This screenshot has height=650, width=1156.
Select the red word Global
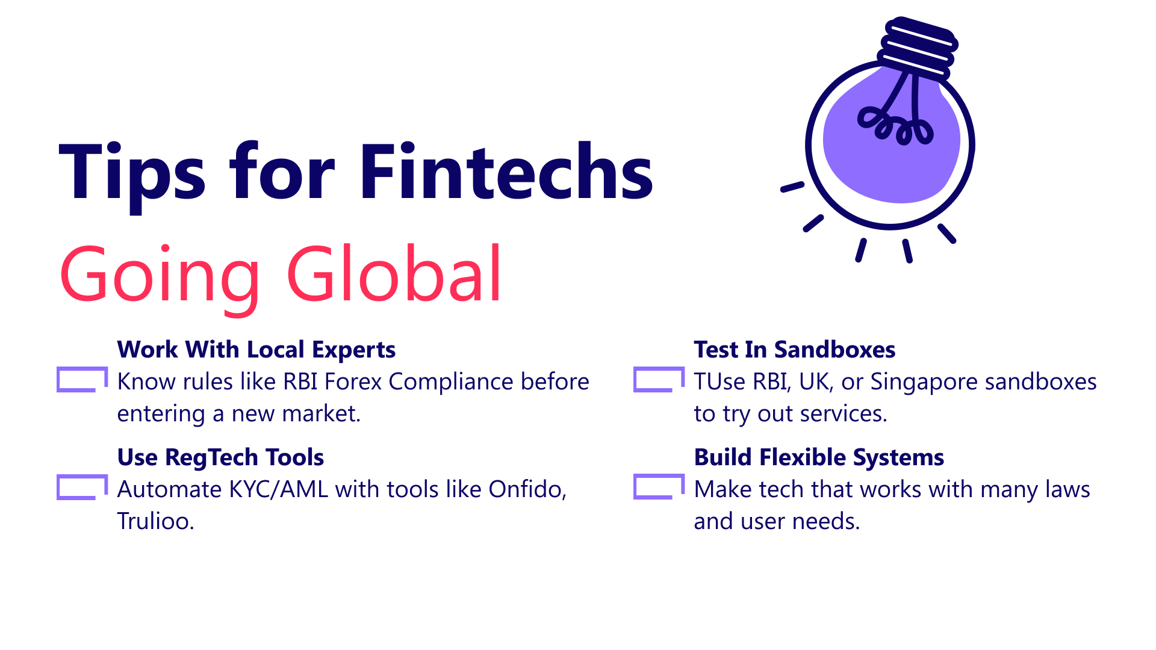tap(394, 273)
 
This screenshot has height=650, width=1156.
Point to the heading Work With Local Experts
tap(256, 350)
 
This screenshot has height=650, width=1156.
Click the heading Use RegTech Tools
tap(220, 457)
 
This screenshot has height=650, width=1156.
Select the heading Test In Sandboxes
tap(794, 350)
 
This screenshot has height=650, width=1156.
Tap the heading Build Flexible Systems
tap(819, 457)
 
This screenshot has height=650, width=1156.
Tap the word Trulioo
tap(155, 521)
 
